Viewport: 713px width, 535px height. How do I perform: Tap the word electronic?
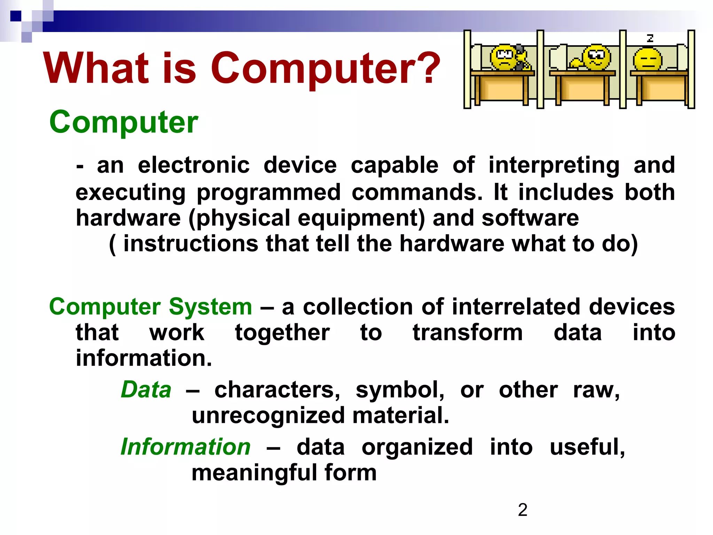click(x=194, y=165)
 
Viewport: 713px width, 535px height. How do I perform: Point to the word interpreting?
click(x=554, y=166)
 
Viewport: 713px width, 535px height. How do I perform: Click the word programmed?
click(x=268, y=193)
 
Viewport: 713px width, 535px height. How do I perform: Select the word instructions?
click(x=191, y=243)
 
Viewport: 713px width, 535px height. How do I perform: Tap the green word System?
click(x=210, y=307)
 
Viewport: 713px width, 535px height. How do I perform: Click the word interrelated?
click(x=517, y=307)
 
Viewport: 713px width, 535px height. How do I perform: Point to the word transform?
click(x=468, y=333)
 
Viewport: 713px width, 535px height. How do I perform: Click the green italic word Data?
click(x=146, y=390)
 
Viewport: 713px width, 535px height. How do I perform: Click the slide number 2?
click(x=523, y=510)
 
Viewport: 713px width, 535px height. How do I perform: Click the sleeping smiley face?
click(x=647, y=59)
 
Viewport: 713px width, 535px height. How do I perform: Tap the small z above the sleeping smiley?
click(x=650, y=38)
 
